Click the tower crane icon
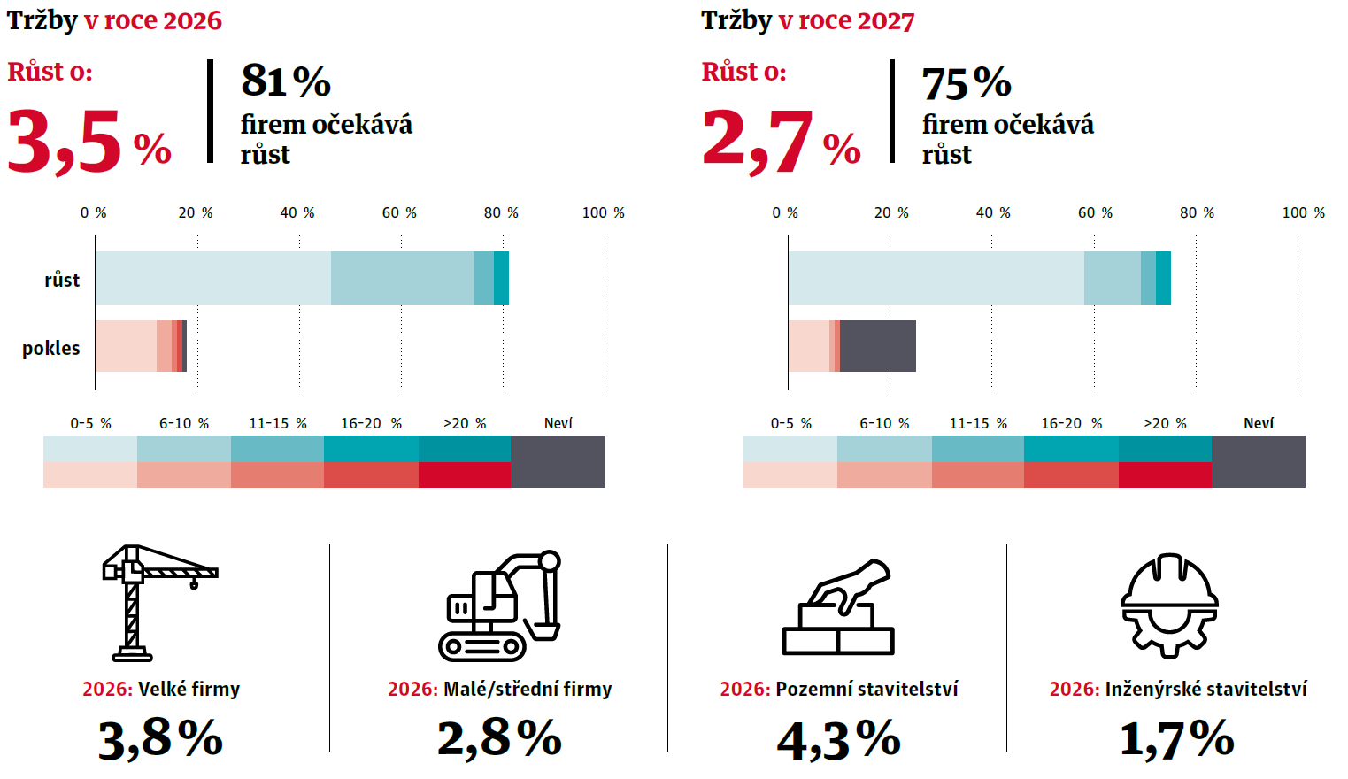click(x=150, y=603)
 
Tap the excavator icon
click(x=500, y=606)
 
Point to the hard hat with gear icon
click(x=1169, y=605)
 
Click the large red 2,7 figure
click(x=758, y=140)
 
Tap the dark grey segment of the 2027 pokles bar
click(x=878, y=345)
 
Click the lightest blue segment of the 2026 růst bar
click(x=213, y=278)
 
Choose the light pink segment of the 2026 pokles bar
click(x=126, y=345)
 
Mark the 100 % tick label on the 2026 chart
click(x=603, y=212)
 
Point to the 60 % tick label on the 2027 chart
click(x=1095, y=212)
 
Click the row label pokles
click(x=51, y=348)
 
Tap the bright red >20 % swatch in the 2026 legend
click(x=465, y=474)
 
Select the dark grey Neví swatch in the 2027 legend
click(x=1258, y=461)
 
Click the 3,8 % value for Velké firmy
click(x=160, y=738)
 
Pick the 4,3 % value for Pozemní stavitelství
click(x=838, y=740)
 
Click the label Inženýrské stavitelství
click(x=1205, y=689)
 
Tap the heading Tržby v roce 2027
click(x=807, y=20)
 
